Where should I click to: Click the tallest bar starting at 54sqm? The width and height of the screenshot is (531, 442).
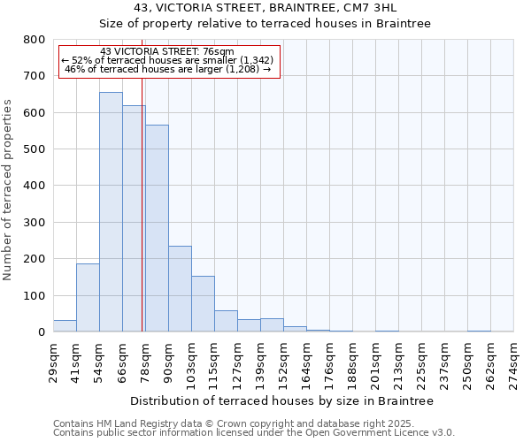tap(111, 212)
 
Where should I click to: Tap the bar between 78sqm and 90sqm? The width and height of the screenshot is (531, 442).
tap(157, 228)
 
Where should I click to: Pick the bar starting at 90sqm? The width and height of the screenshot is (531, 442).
tap(180, 289)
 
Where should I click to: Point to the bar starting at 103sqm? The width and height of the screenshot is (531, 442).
tap(203, 304)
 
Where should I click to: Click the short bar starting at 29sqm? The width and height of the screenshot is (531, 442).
tap(65, 326)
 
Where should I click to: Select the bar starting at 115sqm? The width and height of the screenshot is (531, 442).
tap(226, 322)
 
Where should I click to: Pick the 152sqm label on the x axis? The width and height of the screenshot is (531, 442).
tap(283, 361)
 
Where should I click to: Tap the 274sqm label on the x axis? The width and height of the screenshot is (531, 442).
tap(513, 361)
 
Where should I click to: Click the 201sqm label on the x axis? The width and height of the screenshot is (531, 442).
tap(375, 361)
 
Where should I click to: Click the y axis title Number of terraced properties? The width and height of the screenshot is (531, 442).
tap(8, 189)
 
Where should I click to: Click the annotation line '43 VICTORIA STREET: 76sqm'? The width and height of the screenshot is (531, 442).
tap(167, 51)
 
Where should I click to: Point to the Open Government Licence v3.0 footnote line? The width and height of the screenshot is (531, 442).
tap(254, 433)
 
